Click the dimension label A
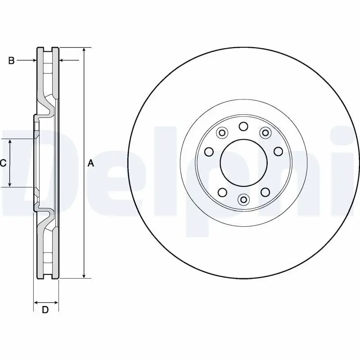click(x=90, y=164)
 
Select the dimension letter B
click(x=12, y=60)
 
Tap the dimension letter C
click(x=3, y=163)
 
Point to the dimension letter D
click(x=45, y=310)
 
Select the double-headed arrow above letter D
click(x=46, y=301)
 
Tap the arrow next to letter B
click(x=27, y=60)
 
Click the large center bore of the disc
click(x=243, y=162)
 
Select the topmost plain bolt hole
click(x=243, y=126)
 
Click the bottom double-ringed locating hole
click(x=243, y=199)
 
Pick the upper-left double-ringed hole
click(x=221, y=133)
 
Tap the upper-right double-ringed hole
click(x=265, y=132)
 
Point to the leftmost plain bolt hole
click(x=208, y=152)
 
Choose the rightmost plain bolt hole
click(x=278, y=151)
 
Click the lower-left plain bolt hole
click(x=222, y=192)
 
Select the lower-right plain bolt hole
click(x=265, y=192)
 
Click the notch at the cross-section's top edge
click(x=48, y=48)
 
